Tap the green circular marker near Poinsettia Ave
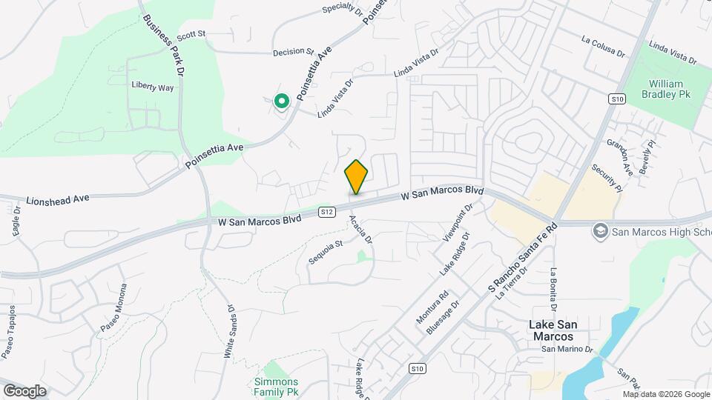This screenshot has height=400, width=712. (281, 101)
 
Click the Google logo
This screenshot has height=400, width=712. (24, 390)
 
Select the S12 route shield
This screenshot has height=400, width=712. (327, 213)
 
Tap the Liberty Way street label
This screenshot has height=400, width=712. (152, 87)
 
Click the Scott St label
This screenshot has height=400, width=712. (191, 34)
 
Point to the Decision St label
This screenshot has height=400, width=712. (293, 52)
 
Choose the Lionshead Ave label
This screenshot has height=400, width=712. (57, 199)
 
